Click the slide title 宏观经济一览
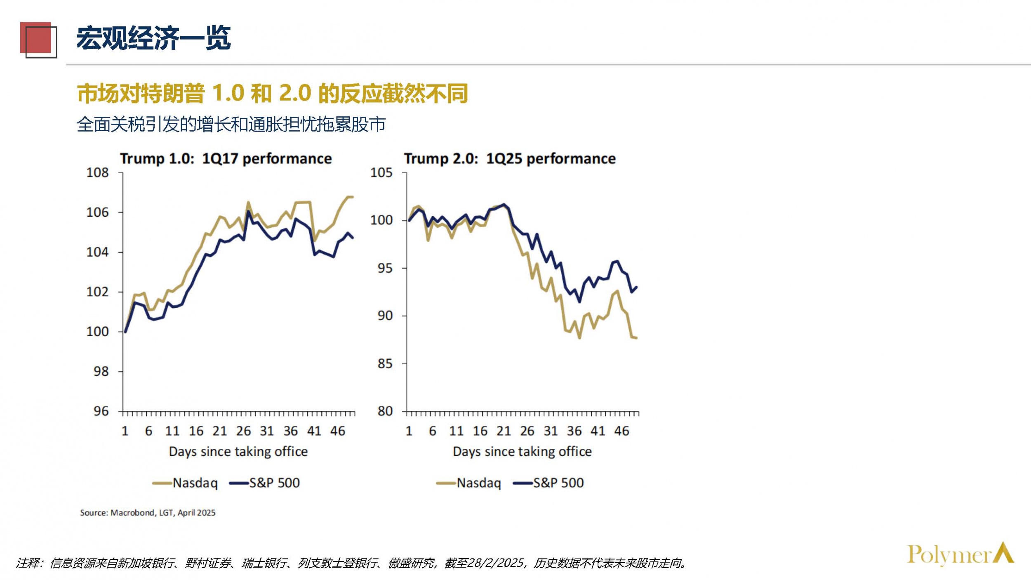pyautogui.click(x=153, y=38)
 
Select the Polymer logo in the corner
pyautogui.click(x=960, y=554)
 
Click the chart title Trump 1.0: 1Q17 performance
pyautogui.click(x=226, y=159)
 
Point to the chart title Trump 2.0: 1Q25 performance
pyautogui.click(x=510, y=159)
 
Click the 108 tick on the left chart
pyautogui.click(x=97, y=173)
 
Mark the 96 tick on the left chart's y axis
pyautogui.click(x=101, y=411)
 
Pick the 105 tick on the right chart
pyautogui.click(x=381, y=173)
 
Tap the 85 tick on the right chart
pyautogui.click(x=385, y=364)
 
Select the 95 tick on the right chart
pyautogui.click(x=385, y=269)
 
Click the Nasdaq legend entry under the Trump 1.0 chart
pyautogui.click(x=186, y=483)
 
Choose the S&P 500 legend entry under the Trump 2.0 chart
pyautogui.click(x=548, y=483)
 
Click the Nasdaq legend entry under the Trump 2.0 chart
pyautogui.click(x=469, y=483)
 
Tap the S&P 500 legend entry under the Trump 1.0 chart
pyautogui.click(x=265, y=483)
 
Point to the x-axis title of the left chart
pyautogui.click(x=238, y=452)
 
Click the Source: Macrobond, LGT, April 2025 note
pyautogui.click(x=148, y=513)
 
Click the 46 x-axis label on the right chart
pyautogui.click(x=621, y=431)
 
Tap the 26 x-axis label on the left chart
pyautogui.click(x=243, y=431)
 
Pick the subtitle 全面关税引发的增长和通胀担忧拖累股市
pyautogui.click(x=231, y=125)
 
